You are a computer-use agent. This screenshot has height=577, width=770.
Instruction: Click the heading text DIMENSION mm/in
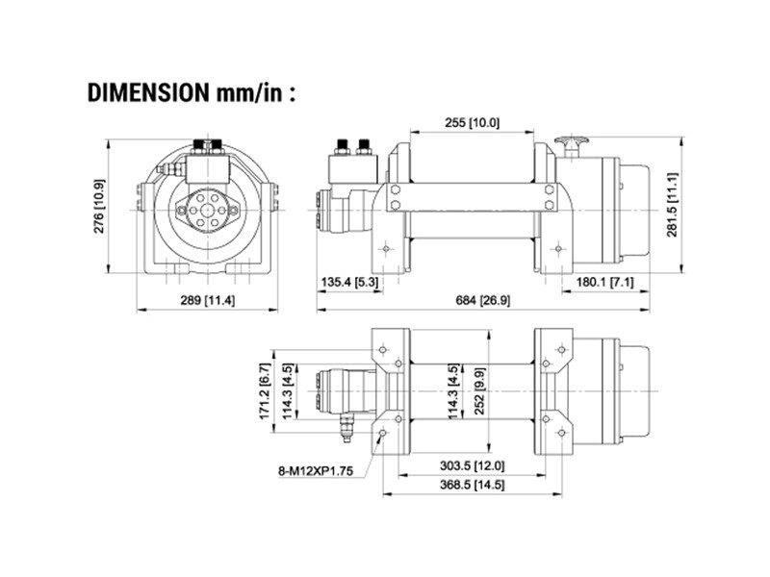[191, 93]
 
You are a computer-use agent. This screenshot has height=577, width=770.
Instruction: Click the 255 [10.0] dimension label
[473, 123]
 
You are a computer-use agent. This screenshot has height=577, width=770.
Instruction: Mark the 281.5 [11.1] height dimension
[673, 206]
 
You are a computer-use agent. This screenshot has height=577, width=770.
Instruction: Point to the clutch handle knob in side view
[575, 143]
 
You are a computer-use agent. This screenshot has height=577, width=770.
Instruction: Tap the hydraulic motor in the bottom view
[343, 394]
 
